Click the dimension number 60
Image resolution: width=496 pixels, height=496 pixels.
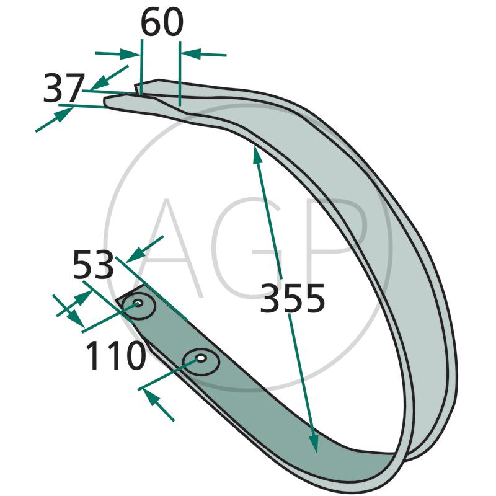click(162, 22)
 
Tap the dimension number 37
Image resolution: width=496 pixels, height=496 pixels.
click(64, 88)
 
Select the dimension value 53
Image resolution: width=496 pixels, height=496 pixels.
click(93, 265)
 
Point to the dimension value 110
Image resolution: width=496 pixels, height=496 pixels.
click(116, 355)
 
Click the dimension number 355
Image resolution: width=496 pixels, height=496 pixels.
click(292, 298)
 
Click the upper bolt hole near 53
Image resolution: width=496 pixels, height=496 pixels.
click(138, 303)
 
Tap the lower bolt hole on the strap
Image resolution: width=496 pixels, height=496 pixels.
click(201, 359)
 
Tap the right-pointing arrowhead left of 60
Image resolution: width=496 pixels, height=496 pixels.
click(130, 54)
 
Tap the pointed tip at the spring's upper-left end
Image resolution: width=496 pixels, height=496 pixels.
click(104, 100)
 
